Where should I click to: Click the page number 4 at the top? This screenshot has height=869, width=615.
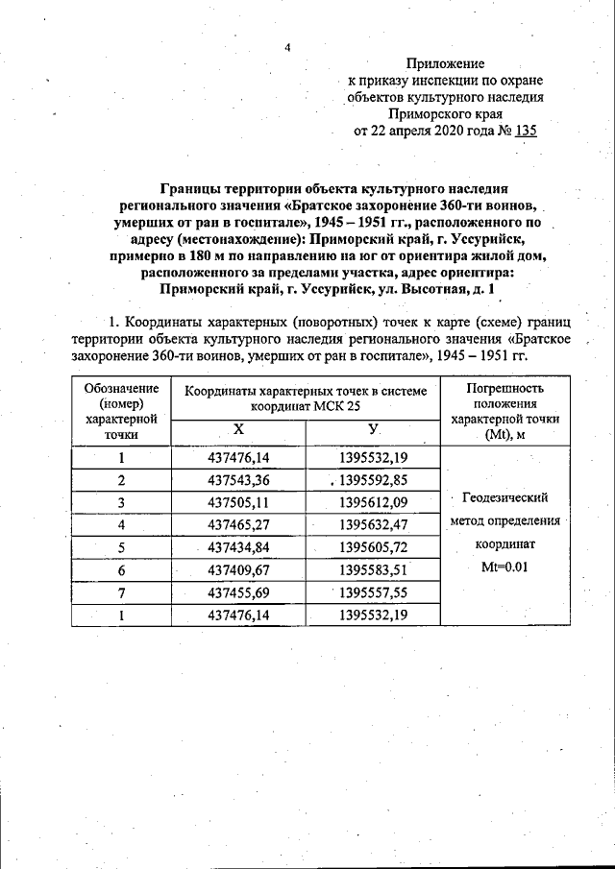(287, 46)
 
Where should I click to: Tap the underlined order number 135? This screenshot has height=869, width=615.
(525, 132)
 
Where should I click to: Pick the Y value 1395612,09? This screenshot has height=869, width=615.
(373, 501)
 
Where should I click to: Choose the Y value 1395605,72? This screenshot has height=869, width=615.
(373, 546)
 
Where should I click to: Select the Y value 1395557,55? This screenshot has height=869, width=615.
(373, 591)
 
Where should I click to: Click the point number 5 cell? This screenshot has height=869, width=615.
(121, 546)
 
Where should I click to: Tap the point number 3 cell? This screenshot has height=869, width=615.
(121, 501)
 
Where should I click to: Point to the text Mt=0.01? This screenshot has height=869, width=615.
(504, 567)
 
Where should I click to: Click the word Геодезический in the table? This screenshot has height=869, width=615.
(504, 497)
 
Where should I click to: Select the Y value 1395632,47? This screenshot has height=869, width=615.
(373, 524)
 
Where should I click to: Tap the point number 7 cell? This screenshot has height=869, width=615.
(121, 591)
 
